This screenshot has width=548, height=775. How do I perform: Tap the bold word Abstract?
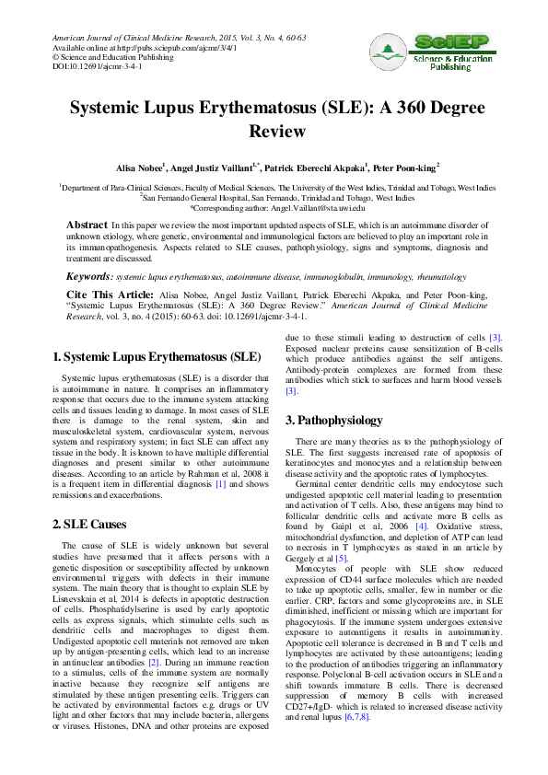click(87, 225)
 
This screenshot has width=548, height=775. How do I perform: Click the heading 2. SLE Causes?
click(101, 524)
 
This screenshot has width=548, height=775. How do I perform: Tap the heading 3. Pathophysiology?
click(333, 421)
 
